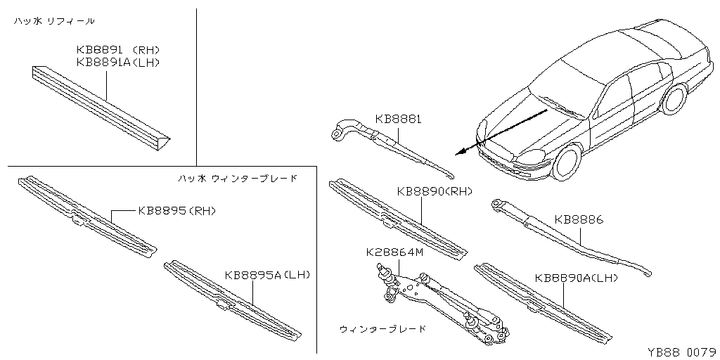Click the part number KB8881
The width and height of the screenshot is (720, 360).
[x=398, y=120]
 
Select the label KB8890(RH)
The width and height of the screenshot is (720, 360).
[x=434, y=191]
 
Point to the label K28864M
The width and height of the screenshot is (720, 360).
[x=394, y=252]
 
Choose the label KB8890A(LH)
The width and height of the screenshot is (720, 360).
[x=576, y=278]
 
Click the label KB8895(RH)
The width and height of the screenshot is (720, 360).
[x=176, y=210]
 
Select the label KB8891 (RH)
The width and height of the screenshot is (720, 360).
[x=117, y=51]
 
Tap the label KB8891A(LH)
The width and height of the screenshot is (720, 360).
[x=119, y=63]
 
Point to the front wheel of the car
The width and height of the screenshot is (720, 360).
[x=566, y=161]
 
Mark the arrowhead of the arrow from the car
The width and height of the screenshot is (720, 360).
[x=458, y=151]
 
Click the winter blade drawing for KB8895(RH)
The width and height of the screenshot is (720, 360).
[x=84, y=214]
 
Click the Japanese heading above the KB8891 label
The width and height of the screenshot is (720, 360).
[x=54, y=22]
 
